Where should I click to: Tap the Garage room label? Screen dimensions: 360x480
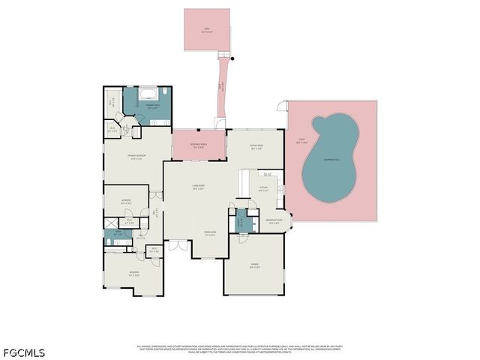[254, 267]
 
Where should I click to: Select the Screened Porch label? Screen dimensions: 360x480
[199, 145]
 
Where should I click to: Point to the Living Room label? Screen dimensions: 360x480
[199, 188]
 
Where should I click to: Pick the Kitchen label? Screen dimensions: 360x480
[263, 189]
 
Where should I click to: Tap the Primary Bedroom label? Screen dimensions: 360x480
[135, 157]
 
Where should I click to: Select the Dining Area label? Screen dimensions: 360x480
[200, 234]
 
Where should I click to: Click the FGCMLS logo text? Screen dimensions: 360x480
[23, 351]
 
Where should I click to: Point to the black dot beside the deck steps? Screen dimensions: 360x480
[232, 58]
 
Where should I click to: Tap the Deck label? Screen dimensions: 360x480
[207, 31]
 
